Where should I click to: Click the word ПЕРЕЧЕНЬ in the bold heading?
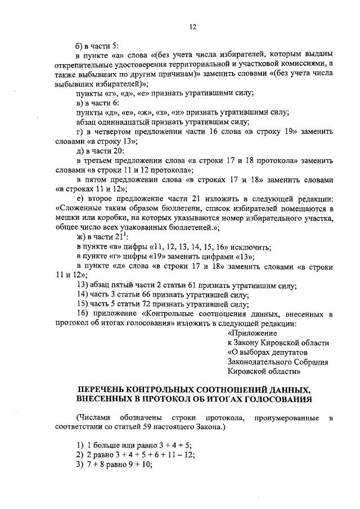[x=106, y=389]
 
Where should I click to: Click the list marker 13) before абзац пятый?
[x=83, y=285]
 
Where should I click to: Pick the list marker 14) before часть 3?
[x=83, y=295]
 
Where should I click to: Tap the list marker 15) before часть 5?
[x=83, y=304]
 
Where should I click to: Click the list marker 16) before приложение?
[x=83, y=314]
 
